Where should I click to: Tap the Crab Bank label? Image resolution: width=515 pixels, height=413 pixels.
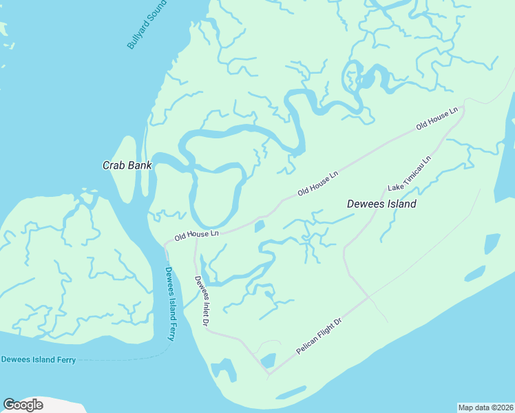(x=127, y=165)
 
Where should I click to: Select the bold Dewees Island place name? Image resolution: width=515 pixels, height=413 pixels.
(x=381, y=204)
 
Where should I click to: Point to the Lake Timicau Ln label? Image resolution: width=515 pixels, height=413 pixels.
(x=409, y=173)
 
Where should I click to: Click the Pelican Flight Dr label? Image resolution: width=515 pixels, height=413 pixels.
(x=319, y=336)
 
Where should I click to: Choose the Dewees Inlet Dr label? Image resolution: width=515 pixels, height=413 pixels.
(x=202, y=300)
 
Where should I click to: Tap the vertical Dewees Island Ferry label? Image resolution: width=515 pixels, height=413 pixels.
(x=170, y=303)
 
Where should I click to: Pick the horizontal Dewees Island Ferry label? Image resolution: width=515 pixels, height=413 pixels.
(x=38, y=359)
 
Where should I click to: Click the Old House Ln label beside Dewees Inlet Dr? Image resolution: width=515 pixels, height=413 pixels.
(x=196, y=235)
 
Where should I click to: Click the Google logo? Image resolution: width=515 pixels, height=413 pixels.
(x=23, y=405)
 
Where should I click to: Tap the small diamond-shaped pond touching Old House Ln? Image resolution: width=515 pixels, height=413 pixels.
(x=260, y=226)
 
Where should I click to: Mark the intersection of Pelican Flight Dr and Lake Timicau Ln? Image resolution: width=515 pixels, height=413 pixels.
(x=370, y=297)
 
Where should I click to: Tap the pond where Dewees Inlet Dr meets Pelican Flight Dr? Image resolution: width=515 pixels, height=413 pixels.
(x=267, y=361)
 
